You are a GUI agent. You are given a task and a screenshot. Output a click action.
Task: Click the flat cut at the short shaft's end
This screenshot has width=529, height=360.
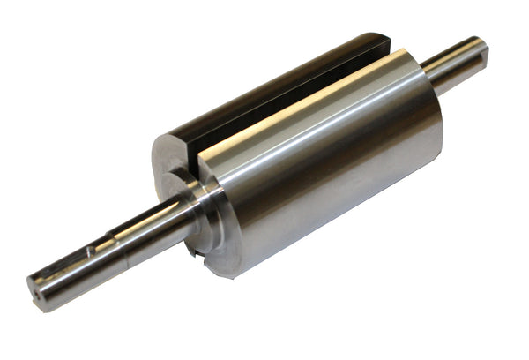coord(481,55)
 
